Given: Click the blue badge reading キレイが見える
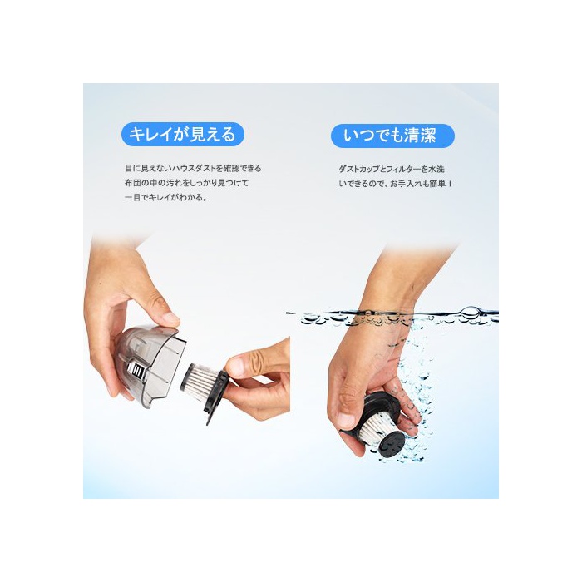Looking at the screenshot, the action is coord(183,135).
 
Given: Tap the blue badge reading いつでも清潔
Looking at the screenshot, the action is coord(392,136).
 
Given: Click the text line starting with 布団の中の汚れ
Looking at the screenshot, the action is coord(186,183).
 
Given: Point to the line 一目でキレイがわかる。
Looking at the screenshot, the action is coord(165,198).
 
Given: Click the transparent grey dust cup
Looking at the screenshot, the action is coord(150,364).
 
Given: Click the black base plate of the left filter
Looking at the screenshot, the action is coord(218,396).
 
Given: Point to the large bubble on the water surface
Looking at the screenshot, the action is coord(470,313).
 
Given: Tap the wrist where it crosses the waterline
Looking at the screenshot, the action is coord(385,314).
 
